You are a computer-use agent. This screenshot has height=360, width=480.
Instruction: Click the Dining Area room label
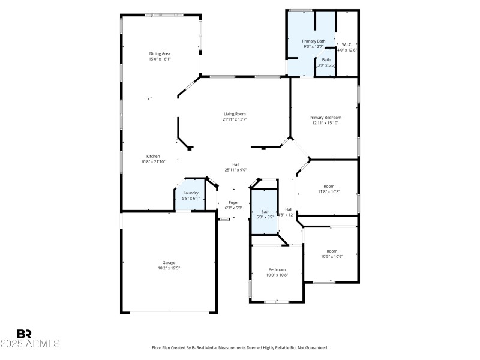click(160, 53)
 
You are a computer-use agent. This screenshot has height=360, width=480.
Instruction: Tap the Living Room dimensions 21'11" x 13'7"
click(235, 119)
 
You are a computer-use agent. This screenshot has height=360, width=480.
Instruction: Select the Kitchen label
click(152, 156)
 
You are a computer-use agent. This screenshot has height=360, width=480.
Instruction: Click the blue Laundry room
click(191, 196)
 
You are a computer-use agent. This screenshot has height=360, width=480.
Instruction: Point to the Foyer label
click(234, 203)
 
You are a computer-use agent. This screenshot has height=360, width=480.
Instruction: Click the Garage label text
click(169, 263)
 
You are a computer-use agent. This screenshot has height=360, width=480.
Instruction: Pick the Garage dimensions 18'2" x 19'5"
click(169, 268)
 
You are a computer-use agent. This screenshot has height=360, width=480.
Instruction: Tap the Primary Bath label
click(313, 41)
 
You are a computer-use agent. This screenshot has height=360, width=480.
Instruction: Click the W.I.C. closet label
click(347, 44)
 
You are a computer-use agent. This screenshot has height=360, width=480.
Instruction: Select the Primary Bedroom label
click(325, 117)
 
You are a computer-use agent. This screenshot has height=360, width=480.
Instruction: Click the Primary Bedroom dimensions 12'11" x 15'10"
click(325, 123)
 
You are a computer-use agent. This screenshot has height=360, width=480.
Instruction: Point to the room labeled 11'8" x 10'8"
click(328, 189)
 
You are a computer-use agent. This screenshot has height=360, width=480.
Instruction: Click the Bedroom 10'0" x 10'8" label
click(277, 269)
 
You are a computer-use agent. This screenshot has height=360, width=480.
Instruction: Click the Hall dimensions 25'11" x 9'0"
click(236, 170)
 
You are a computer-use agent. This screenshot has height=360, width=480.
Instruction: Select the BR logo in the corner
click(24, 334)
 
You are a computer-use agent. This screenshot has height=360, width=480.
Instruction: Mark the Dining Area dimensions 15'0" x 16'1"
click(160, 59)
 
